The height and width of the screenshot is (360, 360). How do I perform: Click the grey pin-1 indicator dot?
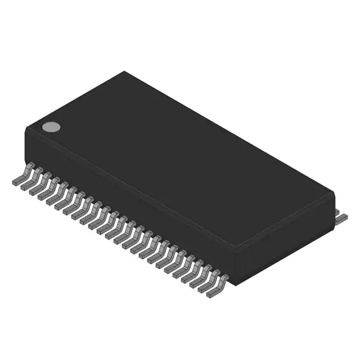click(51, 127)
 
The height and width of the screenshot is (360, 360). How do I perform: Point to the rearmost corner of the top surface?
click(125, 71)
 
